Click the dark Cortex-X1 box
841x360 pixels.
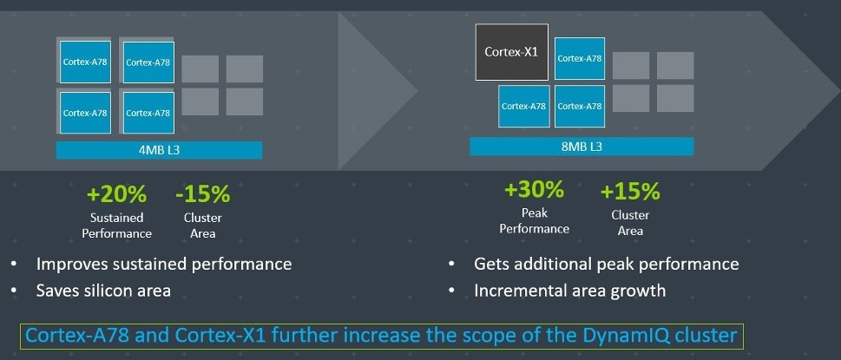[512, 52]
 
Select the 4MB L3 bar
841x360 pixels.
[160, 150]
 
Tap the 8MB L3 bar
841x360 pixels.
[581, 147]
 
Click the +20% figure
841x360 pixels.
[116, 194]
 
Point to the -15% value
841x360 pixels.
[203, 194]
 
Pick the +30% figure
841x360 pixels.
[535, 190]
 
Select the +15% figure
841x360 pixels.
[630, 191]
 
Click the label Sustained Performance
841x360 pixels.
[117, 226]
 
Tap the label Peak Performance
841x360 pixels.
[535, 220]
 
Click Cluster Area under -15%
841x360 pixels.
[203, 226]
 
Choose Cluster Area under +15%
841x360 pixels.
[630, 223]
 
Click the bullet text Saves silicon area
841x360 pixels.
[103, 291]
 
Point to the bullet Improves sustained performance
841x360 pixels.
[164, 264]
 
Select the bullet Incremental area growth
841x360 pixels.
[570, 291]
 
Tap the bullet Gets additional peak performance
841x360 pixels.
[607, 264]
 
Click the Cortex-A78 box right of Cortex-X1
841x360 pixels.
[579, 58]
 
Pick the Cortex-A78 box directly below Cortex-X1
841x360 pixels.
[524, 106]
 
